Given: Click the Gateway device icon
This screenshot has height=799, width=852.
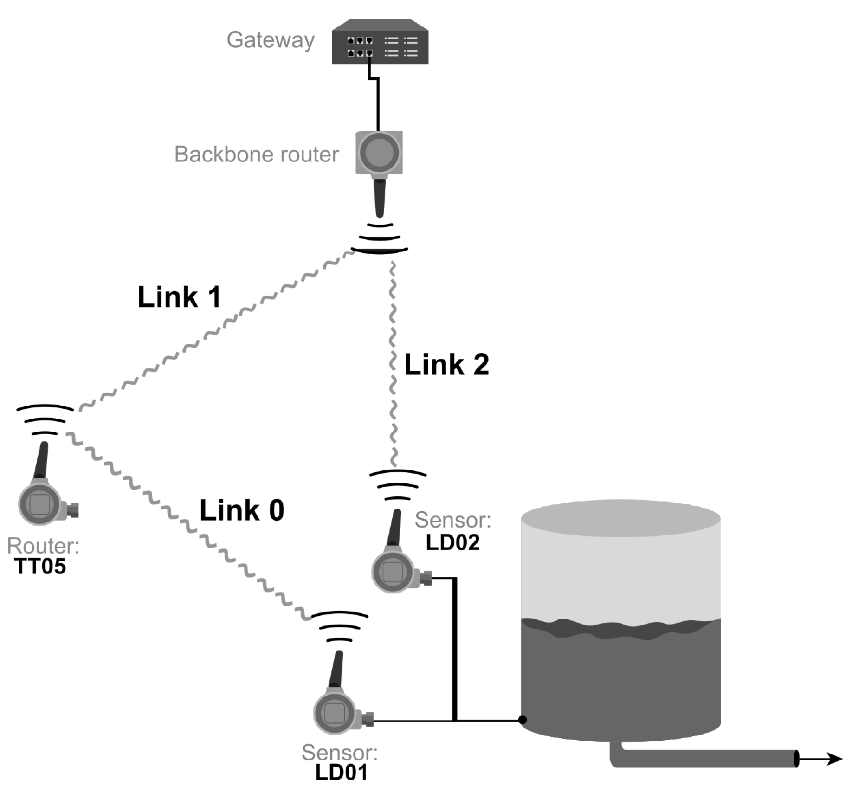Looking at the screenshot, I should (380, 42).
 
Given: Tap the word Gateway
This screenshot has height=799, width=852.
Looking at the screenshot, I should (270, 40).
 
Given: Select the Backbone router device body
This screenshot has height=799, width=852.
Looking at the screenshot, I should (379, 152).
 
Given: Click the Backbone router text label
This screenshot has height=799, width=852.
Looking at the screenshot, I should (256, 155).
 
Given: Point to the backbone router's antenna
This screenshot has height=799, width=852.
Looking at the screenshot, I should (380, 197).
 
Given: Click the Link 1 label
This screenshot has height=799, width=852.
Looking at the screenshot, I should (179, 297).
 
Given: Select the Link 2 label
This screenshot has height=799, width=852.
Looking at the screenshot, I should (446, 364).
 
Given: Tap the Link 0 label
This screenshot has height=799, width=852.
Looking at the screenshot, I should (241, 510).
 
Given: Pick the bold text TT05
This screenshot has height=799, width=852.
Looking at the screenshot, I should (40, 567).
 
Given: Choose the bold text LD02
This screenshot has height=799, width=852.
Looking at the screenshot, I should (452, 542).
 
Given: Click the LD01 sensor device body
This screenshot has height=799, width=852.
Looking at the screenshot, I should (335, 713).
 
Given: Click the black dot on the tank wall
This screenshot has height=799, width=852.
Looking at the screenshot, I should (523, 720).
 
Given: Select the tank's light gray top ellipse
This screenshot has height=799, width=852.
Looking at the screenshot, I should (620, 518).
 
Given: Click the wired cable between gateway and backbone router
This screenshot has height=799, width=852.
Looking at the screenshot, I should (378, 104).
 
